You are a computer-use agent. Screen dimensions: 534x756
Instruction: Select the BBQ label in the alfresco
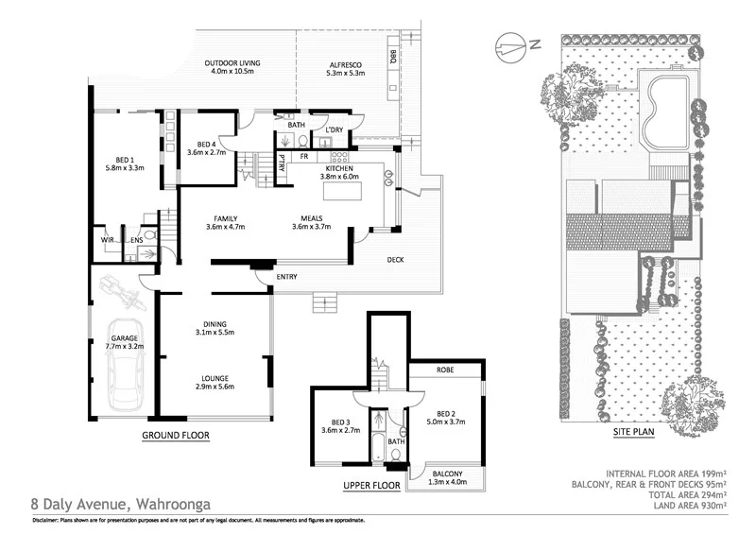pyautogui.click(x=391, y=56)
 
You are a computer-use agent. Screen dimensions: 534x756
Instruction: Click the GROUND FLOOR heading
pyautogui.click(x=175, y=436)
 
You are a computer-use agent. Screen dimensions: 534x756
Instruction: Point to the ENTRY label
pyautogui.click(x=287, y=276)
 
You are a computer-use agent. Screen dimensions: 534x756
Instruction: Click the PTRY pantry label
pyautogui.click(x=282, y=159)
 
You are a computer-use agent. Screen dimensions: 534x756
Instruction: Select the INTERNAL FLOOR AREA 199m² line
pyautogui.click(x=666, y=473)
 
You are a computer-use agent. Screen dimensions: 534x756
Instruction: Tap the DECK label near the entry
pyautogui.click(x=396, y=259)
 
